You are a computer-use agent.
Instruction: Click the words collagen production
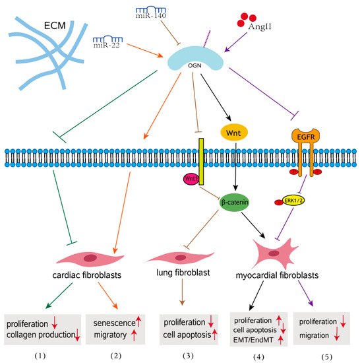tap(42, 335)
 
